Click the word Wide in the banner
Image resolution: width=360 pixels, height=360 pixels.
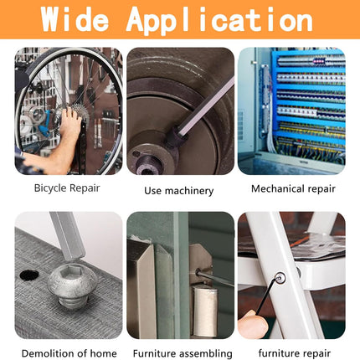tap(75, 19)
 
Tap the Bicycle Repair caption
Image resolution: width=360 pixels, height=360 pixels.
tap(67, 188)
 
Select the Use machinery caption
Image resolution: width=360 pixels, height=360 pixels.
tap(179, 191)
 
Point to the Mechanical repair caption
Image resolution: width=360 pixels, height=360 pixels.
tap(293, 189)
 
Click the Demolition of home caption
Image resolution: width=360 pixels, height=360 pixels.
tap(69, 353)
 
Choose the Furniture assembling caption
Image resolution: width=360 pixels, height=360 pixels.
tap(183, 353)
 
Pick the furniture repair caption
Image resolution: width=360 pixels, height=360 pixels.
tap(295, 353)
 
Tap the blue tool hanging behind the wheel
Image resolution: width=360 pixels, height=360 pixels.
tap(44, 124)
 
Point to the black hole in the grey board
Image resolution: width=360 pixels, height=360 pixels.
tap(29, 275)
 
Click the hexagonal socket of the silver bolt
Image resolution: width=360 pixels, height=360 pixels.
tap(72, 270)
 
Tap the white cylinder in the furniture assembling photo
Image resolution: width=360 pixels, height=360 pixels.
tap(205, 311)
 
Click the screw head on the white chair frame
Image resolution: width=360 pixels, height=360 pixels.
tap(280, 278)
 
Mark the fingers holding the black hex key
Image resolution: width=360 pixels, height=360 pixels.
tap(253, 324)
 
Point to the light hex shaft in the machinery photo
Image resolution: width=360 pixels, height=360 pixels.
tap(206, 106)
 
